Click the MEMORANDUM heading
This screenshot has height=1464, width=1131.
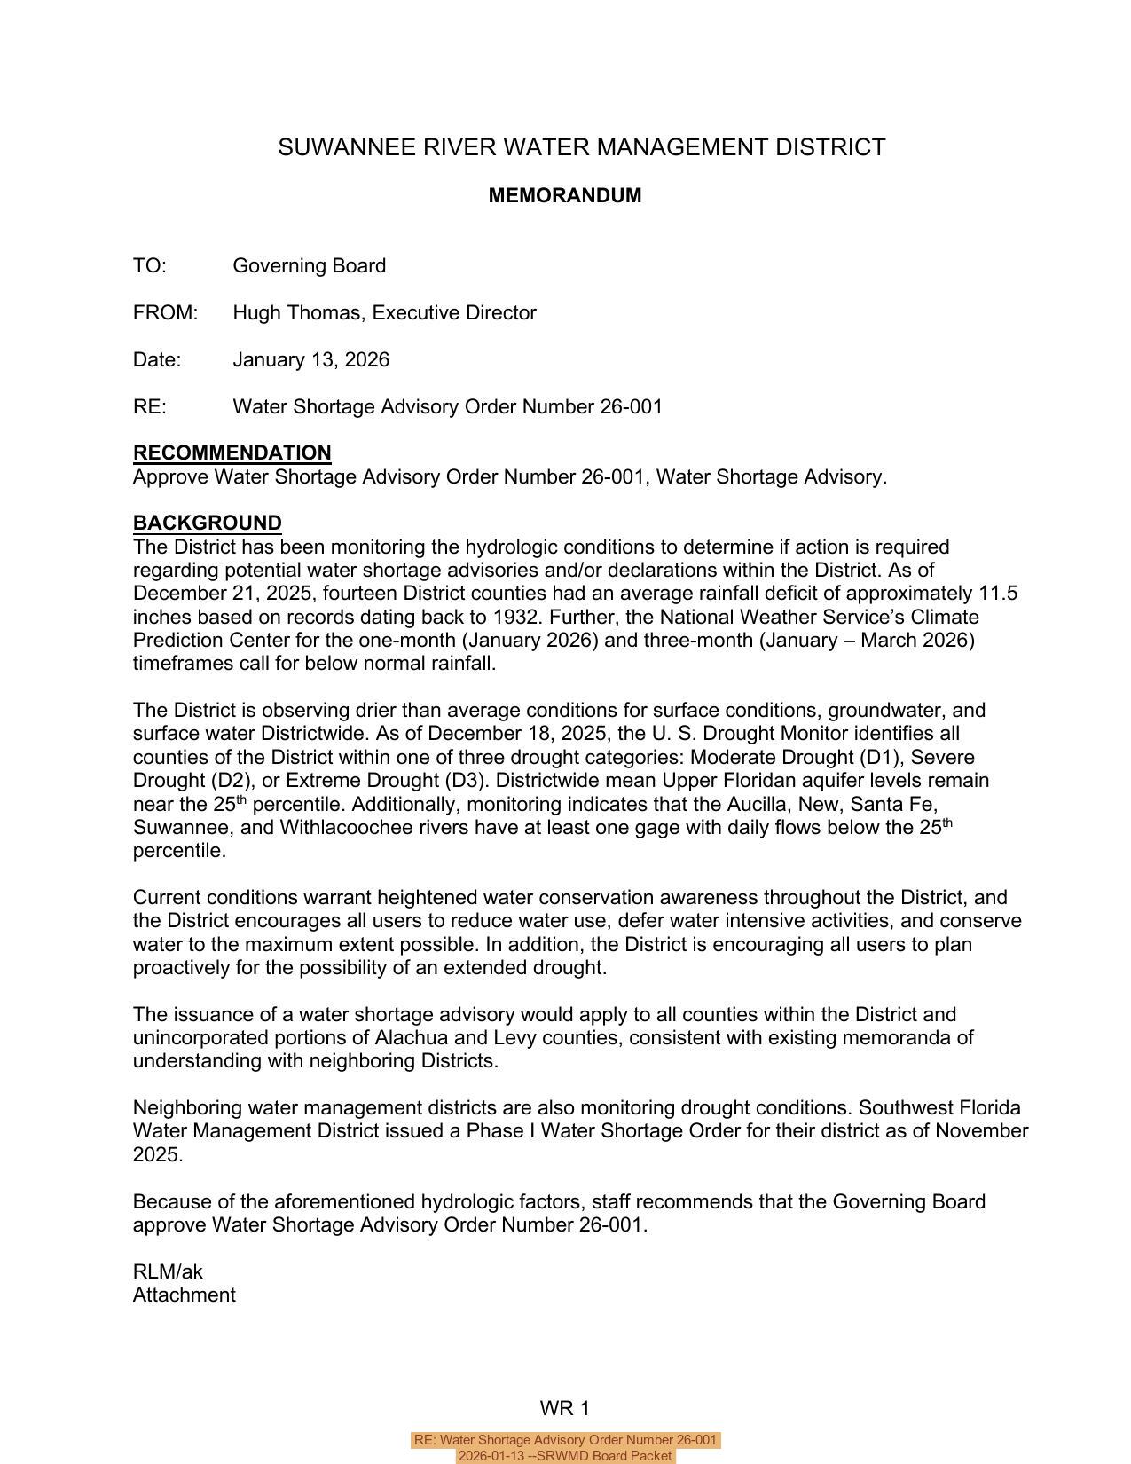point(564,195)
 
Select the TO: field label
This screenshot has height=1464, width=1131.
point(149,266)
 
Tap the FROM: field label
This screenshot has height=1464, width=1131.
point(165,313)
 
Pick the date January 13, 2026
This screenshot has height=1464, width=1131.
point(310,360)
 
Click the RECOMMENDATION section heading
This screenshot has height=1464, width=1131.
point(232,453)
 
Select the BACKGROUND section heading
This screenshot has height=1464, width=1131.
point(207,523)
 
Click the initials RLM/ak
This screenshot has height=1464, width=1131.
point(168,1272)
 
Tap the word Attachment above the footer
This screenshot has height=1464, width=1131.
point(184,1295)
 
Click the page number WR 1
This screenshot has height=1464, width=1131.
point(564,1409)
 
